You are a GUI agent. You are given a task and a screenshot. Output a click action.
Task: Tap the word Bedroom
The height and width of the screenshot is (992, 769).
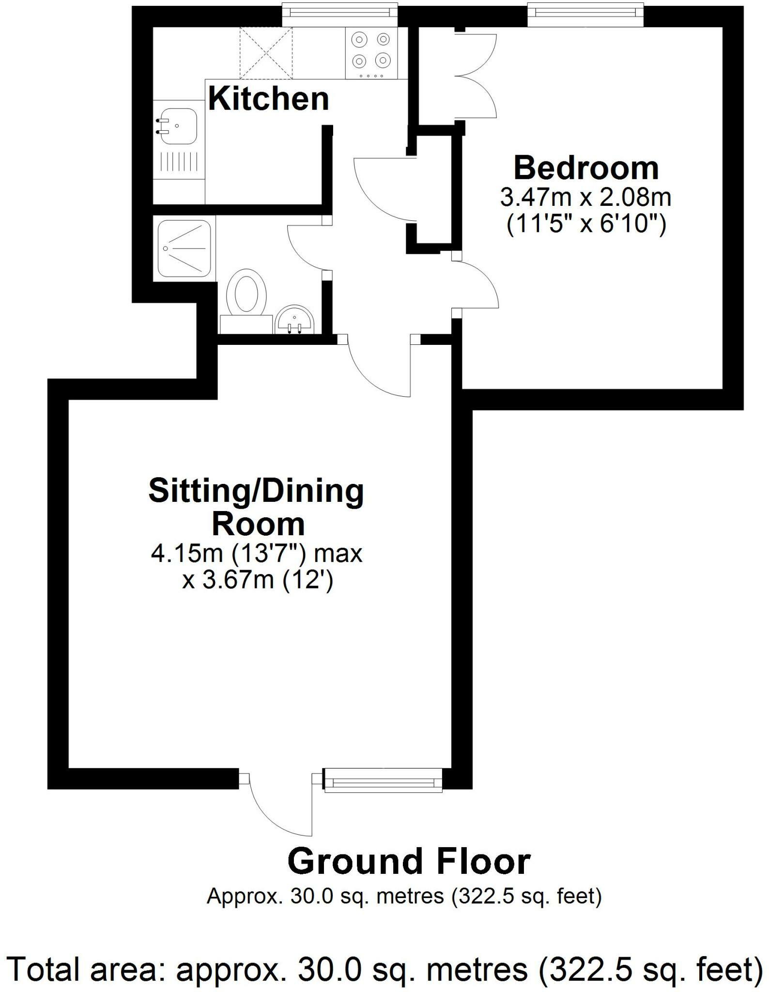586,168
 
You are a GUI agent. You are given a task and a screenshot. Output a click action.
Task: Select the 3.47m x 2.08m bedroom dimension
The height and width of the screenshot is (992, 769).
586,198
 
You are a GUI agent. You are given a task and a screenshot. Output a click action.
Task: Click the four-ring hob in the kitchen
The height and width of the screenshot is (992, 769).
371,53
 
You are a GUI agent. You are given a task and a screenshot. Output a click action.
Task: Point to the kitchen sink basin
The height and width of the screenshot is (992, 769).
177,125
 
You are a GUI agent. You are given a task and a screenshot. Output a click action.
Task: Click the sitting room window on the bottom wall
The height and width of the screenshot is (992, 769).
383,780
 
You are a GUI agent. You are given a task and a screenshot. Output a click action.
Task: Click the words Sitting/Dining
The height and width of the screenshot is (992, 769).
256,491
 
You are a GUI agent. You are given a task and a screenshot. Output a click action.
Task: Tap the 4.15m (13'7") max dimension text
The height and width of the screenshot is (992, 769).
257,553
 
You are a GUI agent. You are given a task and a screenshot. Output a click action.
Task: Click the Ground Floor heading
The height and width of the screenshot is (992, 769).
409,863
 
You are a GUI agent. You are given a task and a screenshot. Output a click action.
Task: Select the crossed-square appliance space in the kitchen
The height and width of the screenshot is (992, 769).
266,53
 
